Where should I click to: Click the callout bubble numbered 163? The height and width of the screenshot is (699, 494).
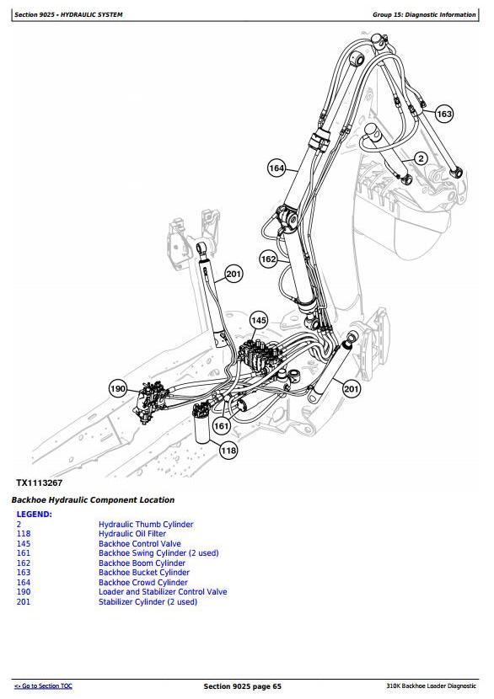point(444,115)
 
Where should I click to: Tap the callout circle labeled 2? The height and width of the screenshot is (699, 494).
point(421,158)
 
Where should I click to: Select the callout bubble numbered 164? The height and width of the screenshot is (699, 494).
point(277,168)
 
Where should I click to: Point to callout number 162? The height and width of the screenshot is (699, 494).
point(269,259)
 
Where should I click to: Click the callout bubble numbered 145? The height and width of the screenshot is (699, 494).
point(259,320)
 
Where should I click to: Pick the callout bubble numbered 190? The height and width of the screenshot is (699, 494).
point(118,389)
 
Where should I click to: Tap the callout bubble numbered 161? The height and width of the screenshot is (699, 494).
point(222,426)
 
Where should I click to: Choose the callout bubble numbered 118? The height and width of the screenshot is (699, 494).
point(228,451)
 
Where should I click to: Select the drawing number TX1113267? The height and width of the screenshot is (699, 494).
point(40,483)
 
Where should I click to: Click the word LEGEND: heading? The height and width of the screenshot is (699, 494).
point(35,514)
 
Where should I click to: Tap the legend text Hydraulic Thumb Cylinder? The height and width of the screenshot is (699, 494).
point(146,524)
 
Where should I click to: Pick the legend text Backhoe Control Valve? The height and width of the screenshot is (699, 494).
point(140,544)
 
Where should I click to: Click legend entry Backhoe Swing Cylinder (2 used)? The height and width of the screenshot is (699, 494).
point(158,553)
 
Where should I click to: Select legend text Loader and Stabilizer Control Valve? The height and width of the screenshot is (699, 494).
point(163,592)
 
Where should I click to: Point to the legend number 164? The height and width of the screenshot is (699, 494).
point(24,582)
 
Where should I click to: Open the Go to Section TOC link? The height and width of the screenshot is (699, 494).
point(43,686)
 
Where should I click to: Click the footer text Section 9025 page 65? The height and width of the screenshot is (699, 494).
point(242,686)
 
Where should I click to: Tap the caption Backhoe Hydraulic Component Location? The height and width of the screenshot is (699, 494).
point(93,500)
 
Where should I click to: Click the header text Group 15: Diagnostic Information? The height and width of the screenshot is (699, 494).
point(424,14)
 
